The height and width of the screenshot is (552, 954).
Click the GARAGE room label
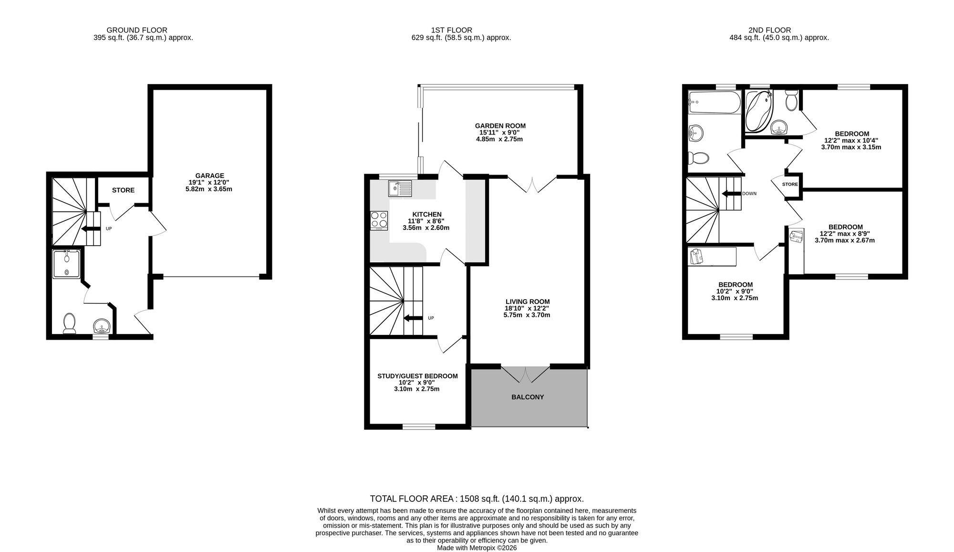[209, 176]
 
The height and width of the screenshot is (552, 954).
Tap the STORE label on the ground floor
[123, 190]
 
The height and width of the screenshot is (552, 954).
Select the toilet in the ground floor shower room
[70, 323]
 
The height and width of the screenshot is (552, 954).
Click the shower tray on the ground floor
[66, 264]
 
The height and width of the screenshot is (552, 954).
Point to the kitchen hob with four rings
[379, 220]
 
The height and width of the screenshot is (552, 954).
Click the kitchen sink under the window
[400, 188]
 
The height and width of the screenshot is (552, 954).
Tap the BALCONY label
[528, 397]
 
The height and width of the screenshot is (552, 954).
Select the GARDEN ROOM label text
[500, 126]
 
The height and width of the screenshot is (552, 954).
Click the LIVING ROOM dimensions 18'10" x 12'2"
[527, 308]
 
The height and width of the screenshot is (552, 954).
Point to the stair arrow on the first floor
[413, 318]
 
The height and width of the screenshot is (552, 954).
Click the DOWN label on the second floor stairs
[749, 194]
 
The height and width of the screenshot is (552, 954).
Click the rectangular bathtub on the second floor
[714, 102]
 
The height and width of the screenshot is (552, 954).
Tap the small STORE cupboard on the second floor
[790, 184]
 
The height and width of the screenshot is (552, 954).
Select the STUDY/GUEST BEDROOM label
[417, 376]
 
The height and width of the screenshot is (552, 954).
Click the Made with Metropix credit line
[477, 548]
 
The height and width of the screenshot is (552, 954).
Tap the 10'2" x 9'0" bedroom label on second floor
[735, 291]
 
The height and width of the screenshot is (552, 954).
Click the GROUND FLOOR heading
[137, 30]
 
